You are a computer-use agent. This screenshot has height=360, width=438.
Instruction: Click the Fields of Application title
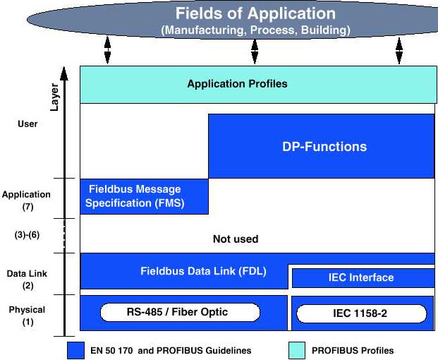click(255, 14)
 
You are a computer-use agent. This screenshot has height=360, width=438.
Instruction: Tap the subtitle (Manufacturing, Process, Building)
click(255, 30)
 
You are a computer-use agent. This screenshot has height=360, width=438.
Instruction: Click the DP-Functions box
click(320, 147)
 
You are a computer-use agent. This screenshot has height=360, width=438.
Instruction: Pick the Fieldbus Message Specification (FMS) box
click(144, 196)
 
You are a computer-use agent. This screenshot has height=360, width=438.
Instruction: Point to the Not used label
click(236, 239)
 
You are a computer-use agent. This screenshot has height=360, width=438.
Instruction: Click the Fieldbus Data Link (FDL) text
click(203, 270)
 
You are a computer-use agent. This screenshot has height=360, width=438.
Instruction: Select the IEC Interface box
click(361, 277)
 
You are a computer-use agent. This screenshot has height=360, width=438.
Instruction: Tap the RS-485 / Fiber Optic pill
click(180, 312)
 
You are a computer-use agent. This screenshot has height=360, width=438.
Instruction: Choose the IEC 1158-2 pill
click(359, 313)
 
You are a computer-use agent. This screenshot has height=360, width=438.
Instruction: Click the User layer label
click(27, 124)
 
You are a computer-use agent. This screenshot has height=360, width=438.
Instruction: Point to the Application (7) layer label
click(26, 200)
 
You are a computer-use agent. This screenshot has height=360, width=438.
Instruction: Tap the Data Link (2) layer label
click(27, 279)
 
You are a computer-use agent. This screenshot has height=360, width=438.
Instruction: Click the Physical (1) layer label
click(27, 316)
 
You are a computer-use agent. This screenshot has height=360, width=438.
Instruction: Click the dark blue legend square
click(75, 350)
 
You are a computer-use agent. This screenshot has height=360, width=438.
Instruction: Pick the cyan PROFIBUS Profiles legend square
click(299, 350)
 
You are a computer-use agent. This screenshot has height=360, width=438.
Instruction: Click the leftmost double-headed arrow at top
click(107, 51)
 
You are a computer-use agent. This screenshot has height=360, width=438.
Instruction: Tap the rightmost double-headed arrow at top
click(399, 51)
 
